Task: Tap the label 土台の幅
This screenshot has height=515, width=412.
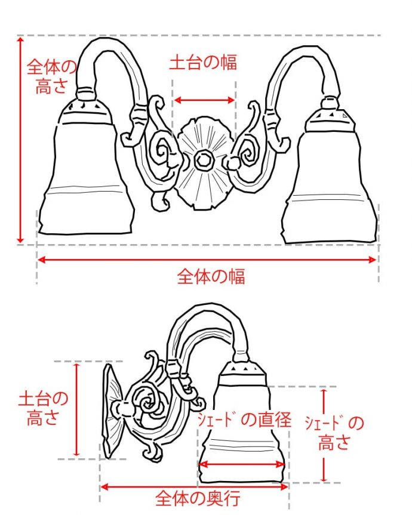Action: tap(203, 63)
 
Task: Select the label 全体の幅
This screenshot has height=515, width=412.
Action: tap(211, 276)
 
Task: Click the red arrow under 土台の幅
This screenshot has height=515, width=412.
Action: tap(204, 100)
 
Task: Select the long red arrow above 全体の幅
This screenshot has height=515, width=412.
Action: tap(207, 259)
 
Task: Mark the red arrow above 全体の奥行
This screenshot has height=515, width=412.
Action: tap(195, 486)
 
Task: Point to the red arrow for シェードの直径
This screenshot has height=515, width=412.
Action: tap(242, 464)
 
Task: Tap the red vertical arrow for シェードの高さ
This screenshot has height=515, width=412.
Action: tap(324, 436)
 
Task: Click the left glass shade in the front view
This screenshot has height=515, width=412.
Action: tap(88, 173)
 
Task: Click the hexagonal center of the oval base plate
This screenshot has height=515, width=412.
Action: tap(204, 161)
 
